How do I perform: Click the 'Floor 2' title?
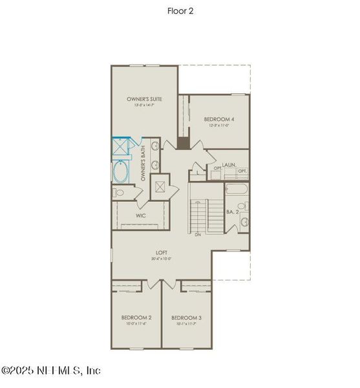(x=180, y=10)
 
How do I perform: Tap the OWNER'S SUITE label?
(x=144, y=99)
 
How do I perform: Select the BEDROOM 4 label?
(x=219, y=120)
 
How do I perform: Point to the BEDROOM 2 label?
(x=136, y=318)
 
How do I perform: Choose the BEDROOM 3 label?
(x=186, y=318)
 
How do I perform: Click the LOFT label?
(x=162, y=253)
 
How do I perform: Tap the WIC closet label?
(x=140, y=215)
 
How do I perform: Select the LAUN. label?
(x=228, y=165)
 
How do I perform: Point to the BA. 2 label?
(x=233, y=211)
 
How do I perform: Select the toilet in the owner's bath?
(x=120, y=193)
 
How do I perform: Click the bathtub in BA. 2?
(x=237, y=190)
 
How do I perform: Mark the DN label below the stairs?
(x=198, y=235)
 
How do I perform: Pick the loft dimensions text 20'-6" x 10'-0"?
(x=162, y=259)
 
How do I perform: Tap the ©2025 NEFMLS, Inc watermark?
(x=52, y=371)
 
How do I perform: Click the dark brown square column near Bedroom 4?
(x=184, y=143)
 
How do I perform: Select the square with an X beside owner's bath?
(x=160, y=188)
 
